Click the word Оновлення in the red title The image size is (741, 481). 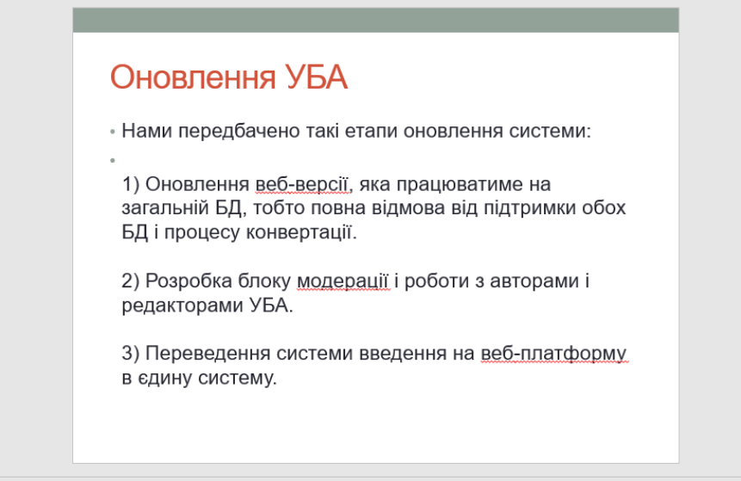[193, 77]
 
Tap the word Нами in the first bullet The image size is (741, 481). [147, 131]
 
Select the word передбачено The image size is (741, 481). [239, 132]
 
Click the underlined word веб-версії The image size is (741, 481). [302, 184]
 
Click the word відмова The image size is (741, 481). [408, 208]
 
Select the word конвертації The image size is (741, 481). [301, 232]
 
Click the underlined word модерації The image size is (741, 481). [343, 281]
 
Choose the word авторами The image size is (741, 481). [534, 281]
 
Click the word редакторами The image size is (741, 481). [182, 306]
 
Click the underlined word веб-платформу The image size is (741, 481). [553, 354]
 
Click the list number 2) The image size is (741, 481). [131, 281]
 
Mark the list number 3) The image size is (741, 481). [131, 354]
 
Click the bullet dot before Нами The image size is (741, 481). [113, 132]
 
